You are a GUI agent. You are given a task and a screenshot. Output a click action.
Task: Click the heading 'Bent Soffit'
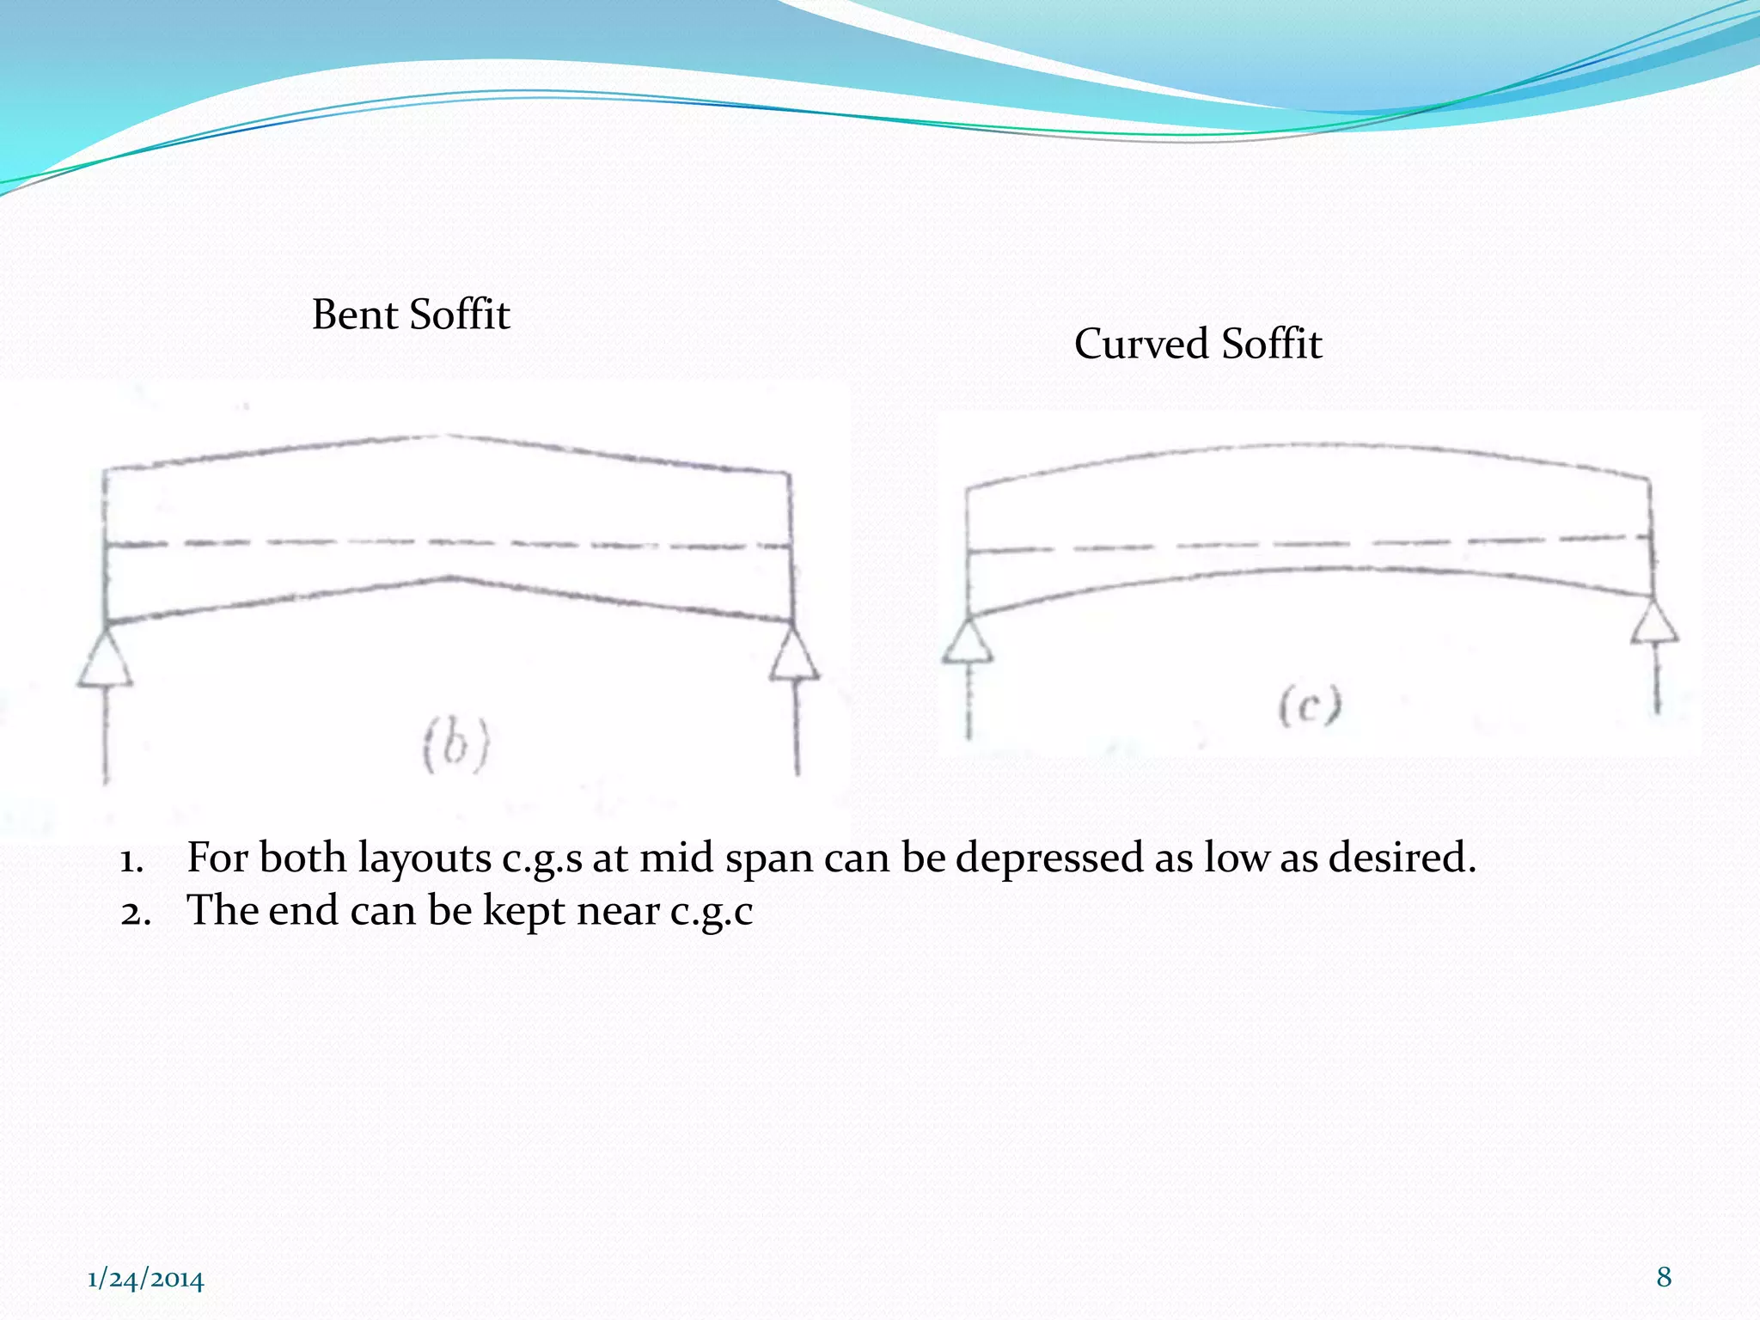[x=411, y=315]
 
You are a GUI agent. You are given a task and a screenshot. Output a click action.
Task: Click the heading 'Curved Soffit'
[x=1197, y=344]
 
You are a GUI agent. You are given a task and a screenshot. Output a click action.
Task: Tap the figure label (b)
[x=456, y=744]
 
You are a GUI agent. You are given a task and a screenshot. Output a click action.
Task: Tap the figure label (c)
[x=1309, y=706]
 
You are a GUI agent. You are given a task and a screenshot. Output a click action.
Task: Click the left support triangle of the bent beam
[x=106, y=660]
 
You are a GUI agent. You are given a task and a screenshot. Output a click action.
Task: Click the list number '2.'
[x=136, y=913]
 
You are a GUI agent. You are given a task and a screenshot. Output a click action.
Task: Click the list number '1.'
[x=132, y=859]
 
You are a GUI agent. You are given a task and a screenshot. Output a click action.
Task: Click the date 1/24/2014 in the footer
[x=146, y=1279]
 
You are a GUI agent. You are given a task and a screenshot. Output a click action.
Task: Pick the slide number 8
[x=1664, y=1276]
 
